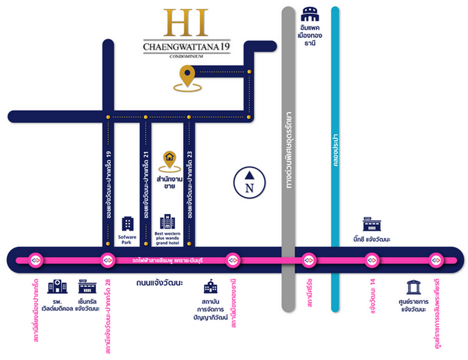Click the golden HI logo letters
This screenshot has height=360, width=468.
tap(186, 23)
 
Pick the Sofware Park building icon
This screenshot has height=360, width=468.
tap(128, 224)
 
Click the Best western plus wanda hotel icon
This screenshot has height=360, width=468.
tap(167, 222)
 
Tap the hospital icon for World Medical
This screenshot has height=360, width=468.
tap(57, 286)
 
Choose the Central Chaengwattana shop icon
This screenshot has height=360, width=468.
tap(87, 286)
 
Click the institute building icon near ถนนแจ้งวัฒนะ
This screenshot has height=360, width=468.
tap(211, 287)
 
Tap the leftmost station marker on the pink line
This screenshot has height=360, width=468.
tap(35, 260)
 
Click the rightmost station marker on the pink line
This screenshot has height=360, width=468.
tap(436, 260)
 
